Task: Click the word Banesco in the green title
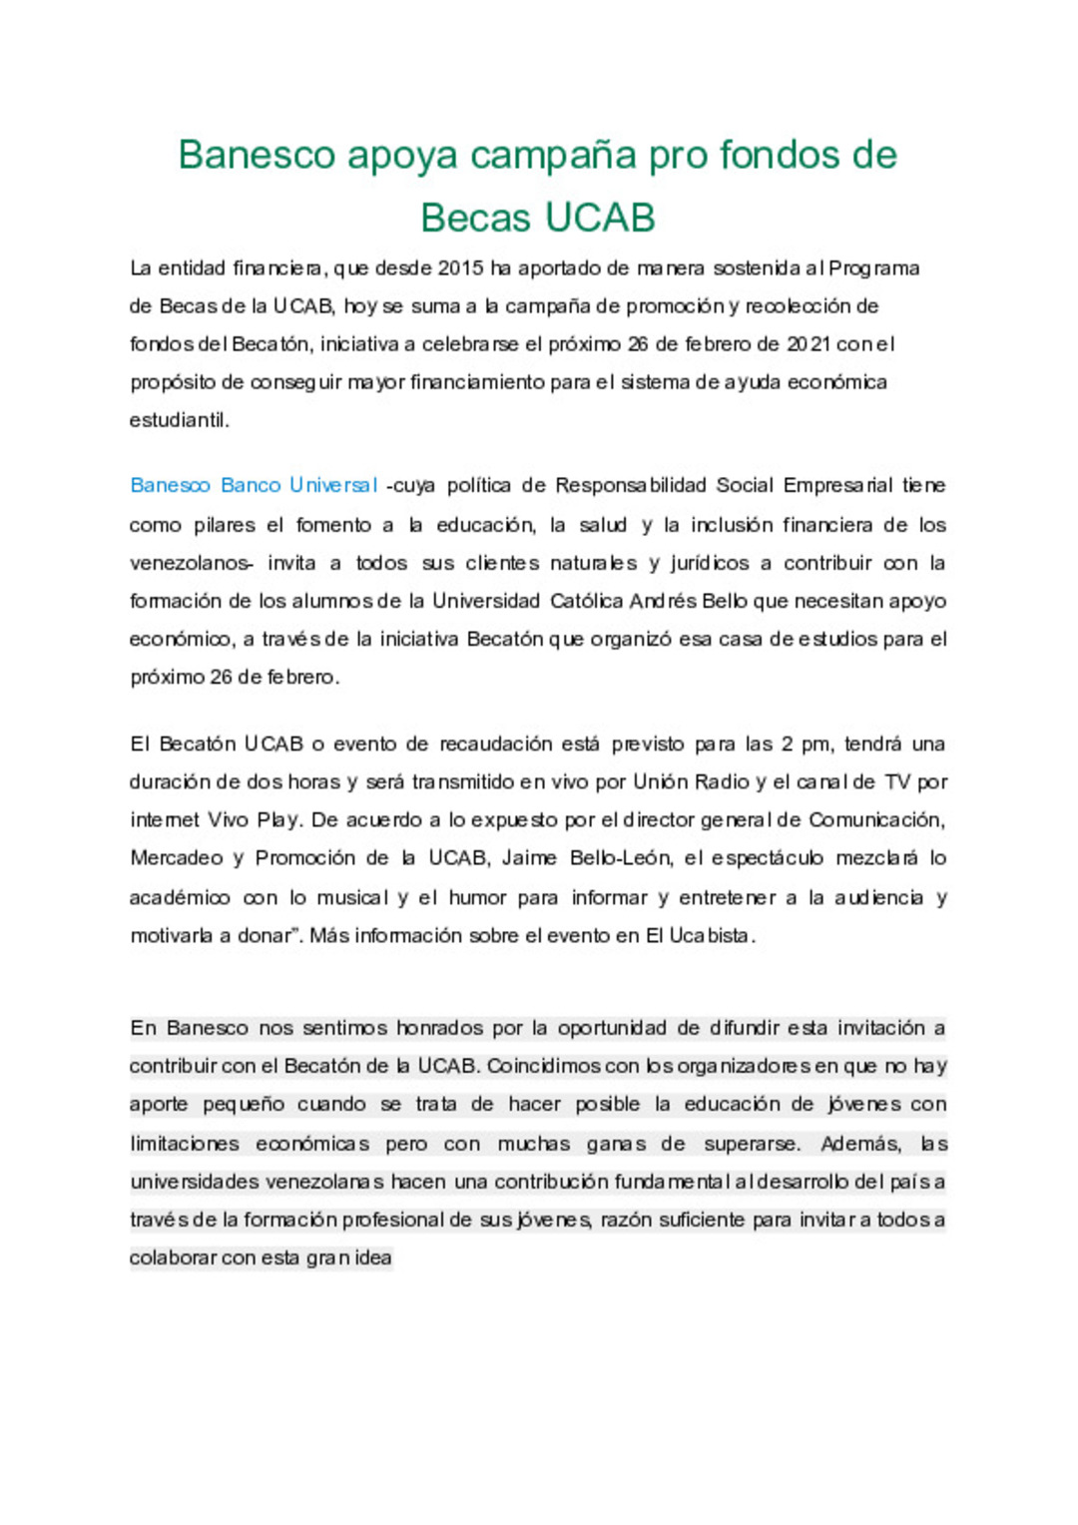point(257,156)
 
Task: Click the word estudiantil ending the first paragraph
point(179,420)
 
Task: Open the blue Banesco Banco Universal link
point(254,486)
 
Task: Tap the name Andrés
point(663,601)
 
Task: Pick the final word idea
point(372,1258)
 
